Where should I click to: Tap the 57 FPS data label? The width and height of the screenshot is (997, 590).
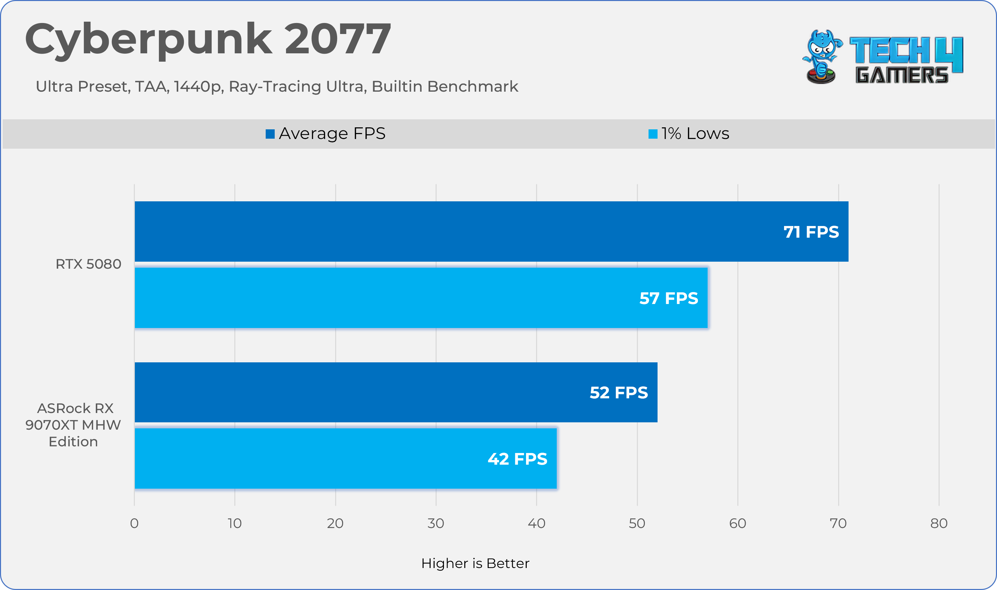(668, 298)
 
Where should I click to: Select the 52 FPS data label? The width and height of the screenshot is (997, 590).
(618, 392)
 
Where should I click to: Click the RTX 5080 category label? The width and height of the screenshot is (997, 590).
(88, 264)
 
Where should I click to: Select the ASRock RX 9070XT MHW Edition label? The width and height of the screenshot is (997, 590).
(73, 425)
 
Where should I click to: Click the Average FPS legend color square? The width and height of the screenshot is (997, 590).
(270, 134)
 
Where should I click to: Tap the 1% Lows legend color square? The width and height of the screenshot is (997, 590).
(653, 134)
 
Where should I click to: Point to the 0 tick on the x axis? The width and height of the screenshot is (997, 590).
(135, 523)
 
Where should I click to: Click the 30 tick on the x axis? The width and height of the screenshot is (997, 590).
(436, 523)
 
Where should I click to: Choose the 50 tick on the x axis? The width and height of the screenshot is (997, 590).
(637, 523)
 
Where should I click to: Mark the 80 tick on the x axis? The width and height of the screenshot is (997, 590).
(939, 523)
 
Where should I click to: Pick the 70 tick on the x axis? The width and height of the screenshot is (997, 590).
(838, 523)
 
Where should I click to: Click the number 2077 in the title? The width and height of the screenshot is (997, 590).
(337, 39)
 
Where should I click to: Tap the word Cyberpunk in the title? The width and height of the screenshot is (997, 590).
(149, 40)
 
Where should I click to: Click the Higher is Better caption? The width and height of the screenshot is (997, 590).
(475, 563)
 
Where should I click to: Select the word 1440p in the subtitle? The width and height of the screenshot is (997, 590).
(198, 87)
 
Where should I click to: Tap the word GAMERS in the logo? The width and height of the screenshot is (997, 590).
(902, 75)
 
